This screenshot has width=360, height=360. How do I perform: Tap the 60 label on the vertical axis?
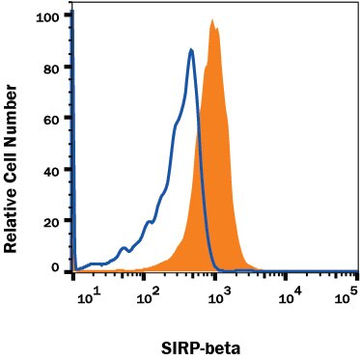(x=55, y=118)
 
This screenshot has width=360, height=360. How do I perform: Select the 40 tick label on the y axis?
(x=55, y=169)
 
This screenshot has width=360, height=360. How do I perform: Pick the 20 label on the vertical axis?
(x=55, y=220)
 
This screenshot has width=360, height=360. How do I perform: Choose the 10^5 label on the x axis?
(x=341, y=296)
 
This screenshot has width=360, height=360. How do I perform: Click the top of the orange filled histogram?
(x=214, y=28)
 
